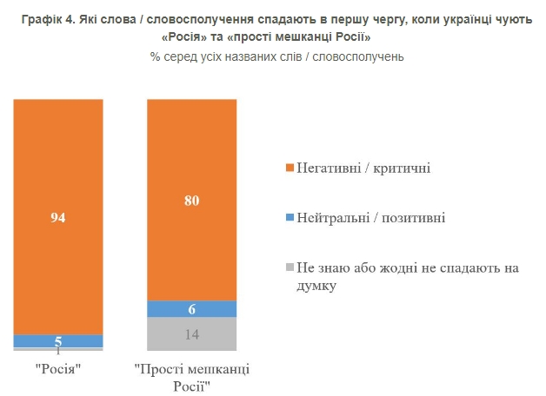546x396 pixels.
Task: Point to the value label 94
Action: click(58, 217)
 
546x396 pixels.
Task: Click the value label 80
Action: click(191, 201)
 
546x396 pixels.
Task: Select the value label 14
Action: click(191, 334)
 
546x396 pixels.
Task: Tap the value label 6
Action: click(191, 309)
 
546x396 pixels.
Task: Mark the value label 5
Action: click(58, 341)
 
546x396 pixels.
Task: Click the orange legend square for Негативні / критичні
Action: click(290, 167)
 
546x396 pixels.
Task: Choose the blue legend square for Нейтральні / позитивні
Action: click(290, 217)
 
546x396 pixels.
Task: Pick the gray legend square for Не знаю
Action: click(290, 267)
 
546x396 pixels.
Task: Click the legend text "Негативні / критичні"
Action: click(363, 167)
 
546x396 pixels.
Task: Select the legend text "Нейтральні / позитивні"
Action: click(370, 217)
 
